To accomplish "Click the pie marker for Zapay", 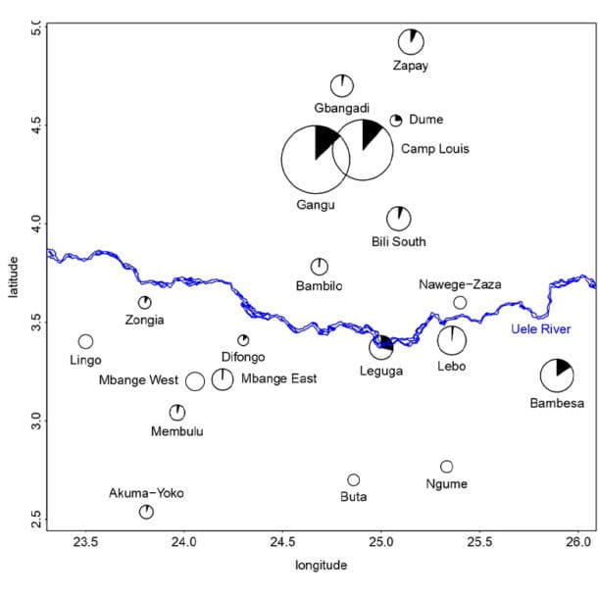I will pyautogui.click(x=412, y=41).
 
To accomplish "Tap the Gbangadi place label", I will pyautogui.click(x=342, y=107).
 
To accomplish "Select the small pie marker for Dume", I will pyautogui.click(x=396, y=121).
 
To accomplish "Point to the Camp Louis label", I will pyautogui.click(x=435, y=150).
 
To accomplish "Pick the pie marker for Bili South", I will pyautogui.click(x=398, y=219).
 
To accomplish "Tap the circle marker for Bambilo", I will pyautogui.click(x=320, y=267).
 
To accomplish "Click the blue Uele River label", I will pyautogui.click(x=541, y=329).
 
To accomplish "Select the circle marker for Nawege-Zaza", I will pyautogui.click(x=460, y=303).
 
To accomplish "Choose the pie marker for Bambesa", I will pyautogui.click(x=557, y=374).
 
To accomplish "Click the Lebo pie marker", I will pyautogui.click(x=452, y=340).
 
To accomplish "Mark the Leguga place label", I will pyautogui.click(x=380, y=371).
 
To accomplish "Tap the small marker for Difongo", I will pyautogui.click(x=243, y=340).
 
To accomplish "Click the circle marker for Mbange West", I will pyautogui.click(x=195, y=381).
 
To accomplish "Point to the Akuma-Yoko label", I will pyautogui.click(x=146, y=493).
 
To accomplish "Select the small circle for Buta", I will pyautogui.click(x=354, y=479).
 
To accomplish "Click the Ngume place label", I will pyautogui.click(x=447, y=484).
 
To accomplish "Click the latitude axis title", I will pyautogui.click(x=11, y=266).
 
